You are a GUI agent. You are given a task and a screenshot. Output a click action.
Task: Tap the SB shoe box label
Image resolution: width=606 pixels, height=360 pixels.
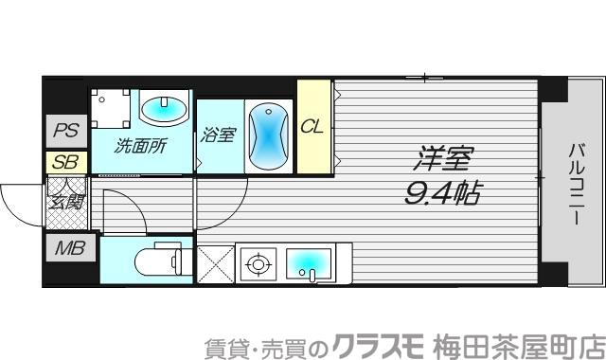[x=65, y=162]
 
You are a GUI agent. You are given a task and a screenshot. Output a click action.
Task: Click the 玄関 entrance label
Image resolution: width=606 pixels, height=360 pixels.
[x=66, y=200]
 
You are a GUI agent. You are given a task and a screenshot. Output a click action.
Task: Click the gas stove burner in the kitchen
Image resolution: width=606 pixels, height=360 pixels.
[x=255, y=262]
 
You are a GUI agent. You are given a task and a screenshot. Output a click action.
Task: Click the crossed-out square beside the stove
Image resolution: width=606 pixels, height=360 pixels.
[x=214, y=262]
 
